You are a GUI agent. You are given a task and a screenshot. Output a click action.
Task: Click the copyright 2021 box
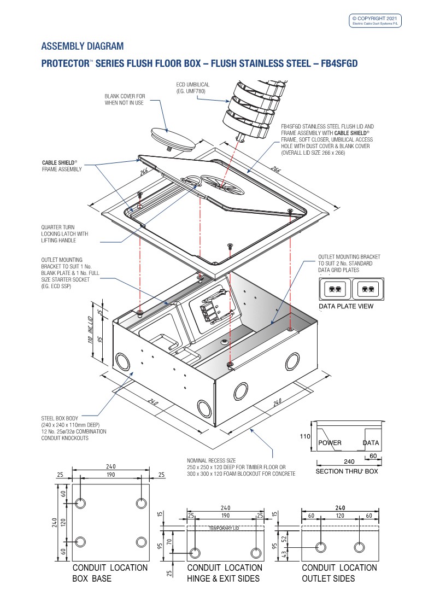pos(376,21)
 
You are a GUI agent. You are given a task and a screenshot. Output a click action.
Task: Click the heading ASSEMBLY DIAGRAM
pos(83,46)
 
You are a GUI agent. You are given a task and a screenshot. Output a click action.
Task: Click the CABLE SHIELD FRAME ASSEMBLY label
pos(60,166)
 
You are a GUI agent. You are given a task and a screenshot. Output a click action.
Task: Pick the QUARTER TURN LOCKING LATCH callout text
pos(64,234)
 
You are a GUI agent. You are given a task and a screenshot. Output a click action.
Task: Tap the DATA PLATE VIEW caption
pos(346,306)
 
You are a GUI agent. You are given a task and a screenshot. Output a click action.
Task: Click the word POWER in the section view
pos(330,443)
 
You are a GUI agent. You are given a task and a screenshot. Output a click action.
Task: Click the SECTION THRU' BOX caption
pos(347,471)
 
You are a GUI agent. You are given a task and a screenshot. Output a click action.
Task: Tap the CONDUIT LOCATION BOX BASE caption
pos(109,573)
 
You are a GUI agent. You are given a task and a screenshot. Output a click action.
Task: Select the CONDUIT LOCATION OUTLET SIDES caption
pos(339,573)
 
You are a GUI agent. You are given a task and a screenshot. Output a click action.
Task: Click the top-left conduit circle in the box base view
pos(80,504)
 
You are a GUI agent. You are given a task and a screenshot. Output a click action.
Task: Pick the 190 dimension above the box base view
pos(110,475)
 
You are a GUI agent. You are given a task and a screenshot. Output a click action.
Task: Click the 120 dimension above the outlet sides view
pos(339,515)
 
